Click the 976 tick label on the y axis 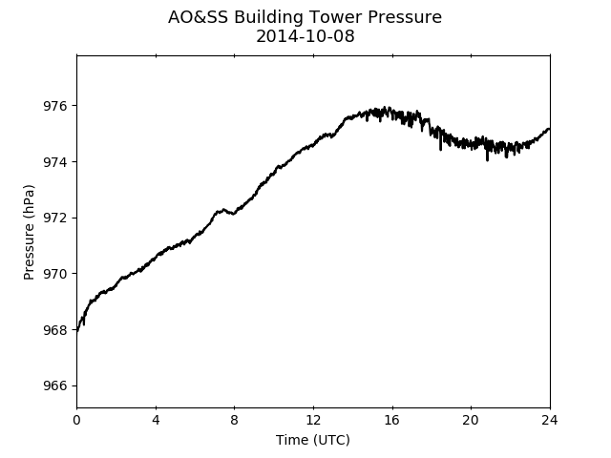click(54, 106)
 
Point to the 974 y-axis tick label click(54, 162)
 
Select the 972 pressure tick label click(54, 219)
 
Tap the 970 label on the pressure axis click(54, 274)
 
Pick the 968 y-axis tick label click(54, 330)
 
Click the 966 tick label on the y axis click(54, 385)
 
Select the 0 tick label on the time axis click(76, 420)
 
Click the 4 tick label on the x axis click(156, 420)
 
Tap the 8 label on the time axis click(234, 420)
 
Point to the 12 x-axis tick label click(313, 420)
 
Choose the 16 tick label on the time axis click(392, 420)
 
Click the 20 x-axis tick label click(471, 420)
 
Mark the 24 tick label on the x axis click(550, 420)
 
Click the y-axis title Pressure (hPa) click(29, 232)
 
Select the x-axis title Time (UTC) click(313, 440)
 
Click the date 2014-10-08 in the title click(305, 36)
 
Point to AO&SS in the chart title click(198, 17)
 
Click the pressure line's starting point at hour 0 click(77, 332)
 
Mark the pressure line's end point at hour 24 click(550, 129)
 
